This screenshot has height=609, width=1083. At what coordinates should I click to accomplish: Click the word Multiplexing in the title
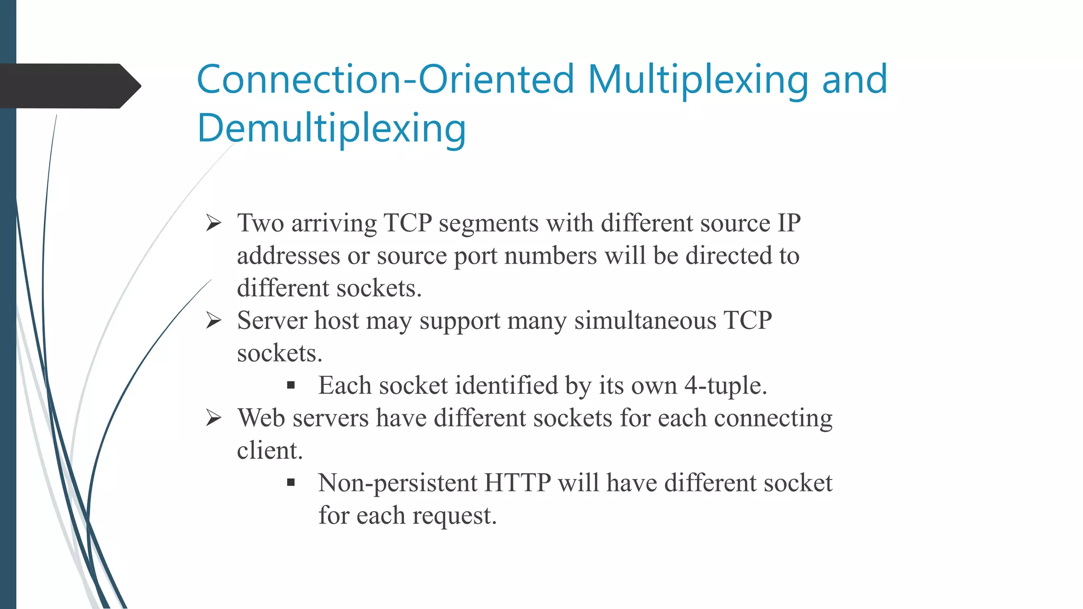point(697,79)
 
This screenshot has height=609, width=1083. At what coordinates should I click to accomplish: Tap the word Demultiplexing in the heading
point(332,128)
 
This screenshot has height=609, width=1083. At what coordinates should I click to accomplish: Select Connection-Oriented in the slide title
point(386,79)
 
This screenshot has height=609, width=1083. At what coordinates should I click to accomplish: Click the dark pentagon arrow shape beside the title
point(69,86)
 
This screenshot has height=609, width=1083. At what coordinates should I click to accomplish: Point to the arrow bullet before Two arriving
point(214,223)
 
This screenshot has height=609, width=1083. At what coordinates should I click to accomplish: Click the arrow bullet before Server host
point(214,320)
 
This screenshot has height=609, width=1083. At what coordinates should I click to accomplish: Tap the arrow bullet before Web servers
point(214,418)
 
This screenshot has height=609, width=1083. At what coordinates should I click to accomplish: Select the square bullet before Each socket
point(291,385)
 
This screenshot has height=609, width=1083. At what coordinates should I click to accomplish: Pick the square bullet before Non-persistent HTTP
point(291,483)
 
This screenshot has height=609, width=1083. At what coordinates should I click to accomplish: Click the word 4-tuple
point(725,385)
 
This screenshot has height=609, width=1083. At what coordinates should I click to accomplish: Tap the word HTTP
point(517,483)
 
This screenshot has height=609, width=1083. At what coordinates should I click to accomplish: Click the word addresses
point(288,256)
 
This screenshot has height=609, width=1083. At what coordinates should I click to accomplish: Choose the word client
point(270,450)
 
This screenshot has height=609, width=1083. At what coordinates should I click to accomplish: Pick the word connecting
point(773,418)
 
